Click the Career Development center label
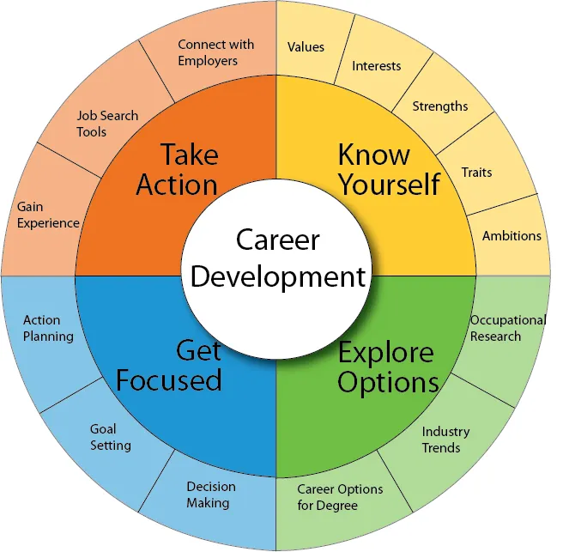pyautogui.click(x=278, y=258)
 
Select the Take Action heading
pyautogui.click(x=178, y=169)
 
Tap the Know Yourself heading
pyautogui.click(x=389, y=169)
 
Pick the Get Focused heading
pyautogui.click(x=169, y=366)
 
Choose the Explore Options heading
pyautogui.click(x=388, y=367)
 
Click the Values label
pyautogui.click(x=306, y=47)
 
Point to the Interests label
pyautogui.click(x=377, y=66)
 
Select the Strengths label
pyautogui.click(x=440, y=106)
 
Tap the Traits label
pyautogui.click(x=477, y=172)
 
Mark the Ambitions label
pyautogui.click(x=511, y=236)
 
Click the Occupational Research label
pyautogui.click(x=508, y=328)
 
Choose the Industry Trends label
pyautogui.click(x=445, y=440)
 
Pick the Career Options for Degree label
pyautogui.click(x=340, y=497)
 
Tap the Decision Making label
pyautogui.click(x=211, y=494)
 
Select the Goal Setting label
pyautogui.click(x=111, y=437)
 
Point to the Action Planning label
pyautogui.click(x=48, y=328)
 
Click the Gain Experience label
pyautogui.click(x=48, y=215)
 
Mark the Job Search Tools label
pyautogui.click(x=107, y=124)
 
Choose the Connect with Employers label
pyautogui.click(x=216, y=52)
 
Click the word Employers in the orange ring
pyautogui.click(x=208, y=61)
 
